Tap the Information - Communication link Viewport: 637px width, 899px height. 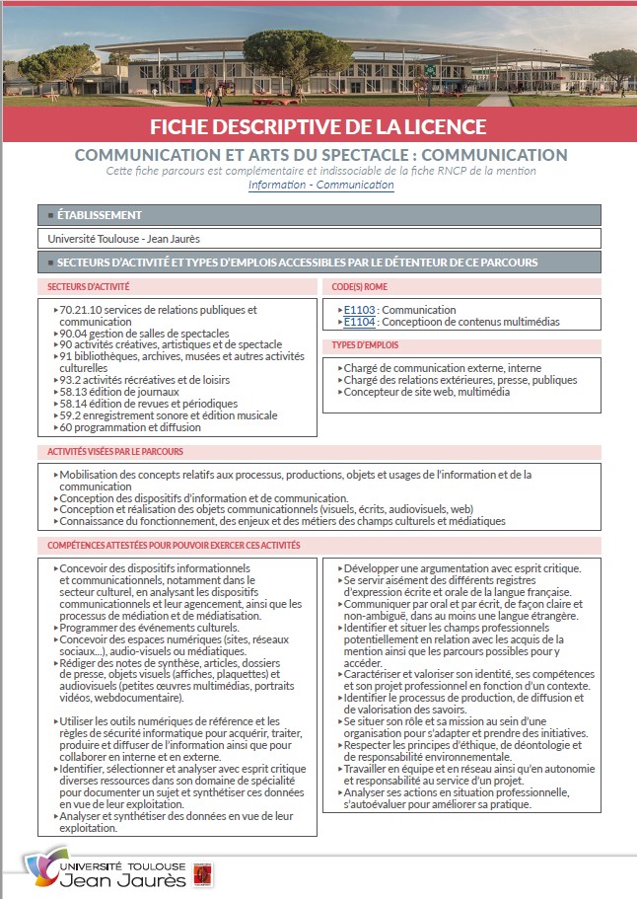(x=320, y=185)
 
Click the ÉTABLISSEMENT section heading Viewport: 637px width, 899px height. (x=100, y=214)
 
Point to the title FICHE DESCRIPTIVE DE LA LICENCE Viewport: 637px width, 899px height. (x=318, y=126)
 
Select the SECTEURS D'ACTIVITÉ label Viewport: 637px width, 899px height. (x=89, y=286)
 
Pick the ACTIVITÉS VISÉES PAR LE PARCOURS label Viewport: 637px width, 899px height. (x=116, y=452)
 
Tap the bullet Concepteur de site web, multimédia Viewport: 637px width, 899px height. (x=426, y=392)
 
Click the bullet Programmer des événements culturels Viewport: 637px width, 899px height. (x=149, y=628)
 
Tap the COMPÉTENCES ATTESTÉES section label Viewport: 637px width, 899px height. (x=174, y=545)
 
